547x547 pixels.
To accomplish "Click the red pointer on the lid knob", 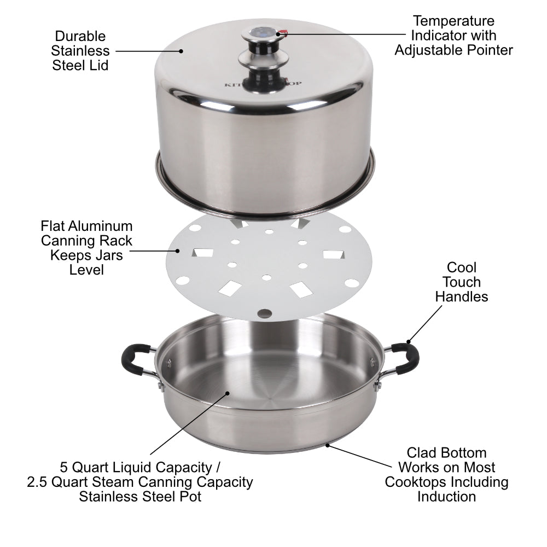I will pos(283,33).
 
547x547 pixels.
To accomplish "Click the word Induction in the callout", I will pos(446,497).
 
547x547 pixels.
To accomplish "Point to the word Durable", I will pos(80,36).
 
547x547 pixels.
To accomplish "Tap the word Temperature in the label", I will pos(453,21).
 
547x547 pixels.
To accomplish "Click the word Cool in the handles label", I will pos(461,267).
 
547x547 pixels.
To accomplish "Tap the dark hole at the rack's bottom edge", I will pos(265,313).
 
